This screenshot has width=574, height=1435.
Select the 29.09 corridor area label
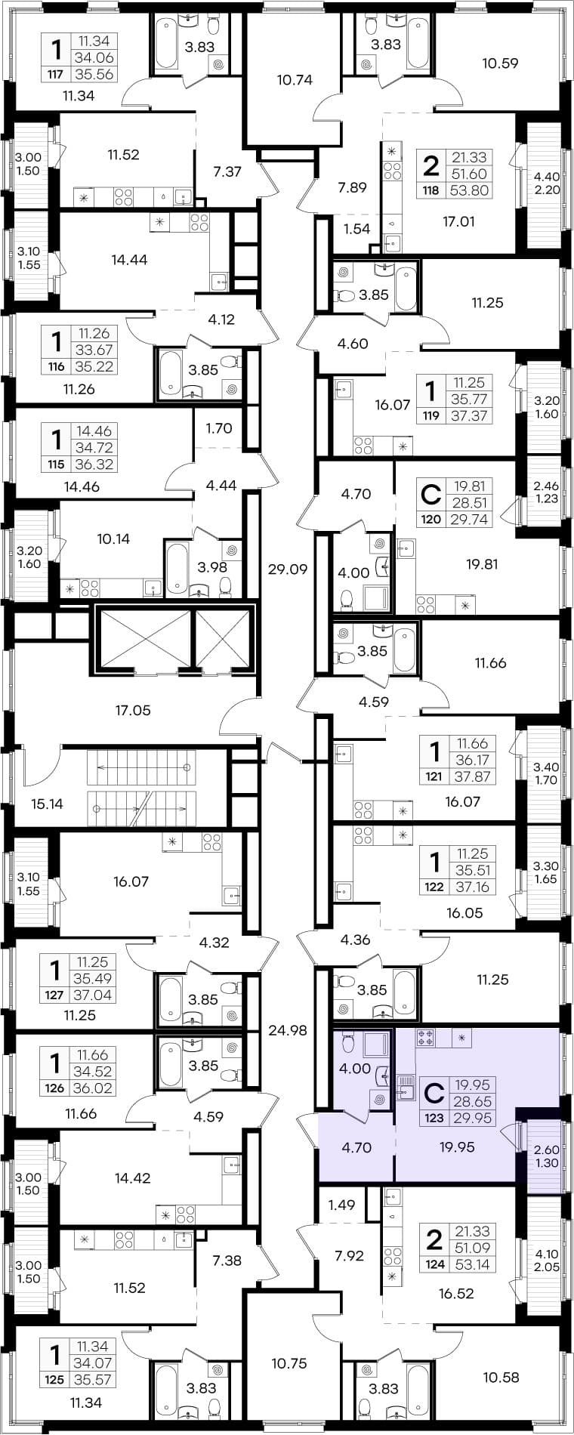288,569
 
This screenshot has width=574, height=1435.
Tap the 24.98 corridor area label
288,1029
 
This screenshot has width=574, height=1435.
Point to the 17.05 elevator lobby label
133,710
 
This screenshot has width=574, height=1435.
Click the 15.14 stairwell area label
46,804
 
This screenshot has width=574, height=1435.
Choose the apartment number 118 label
430,191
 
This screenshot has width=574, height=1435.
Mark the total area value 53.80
470,191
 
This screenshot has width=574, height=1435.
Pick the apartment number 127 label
54,995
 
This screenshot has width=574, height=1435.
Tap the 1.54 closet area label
357,230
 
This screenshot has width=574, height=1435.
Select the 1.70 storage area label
219,428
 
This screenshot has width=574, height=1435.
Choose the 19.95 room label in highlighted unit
456,1147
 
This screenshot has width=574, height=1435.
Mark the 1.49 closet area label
342,1205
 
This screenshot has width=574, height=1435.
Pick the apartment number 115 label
54,464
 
